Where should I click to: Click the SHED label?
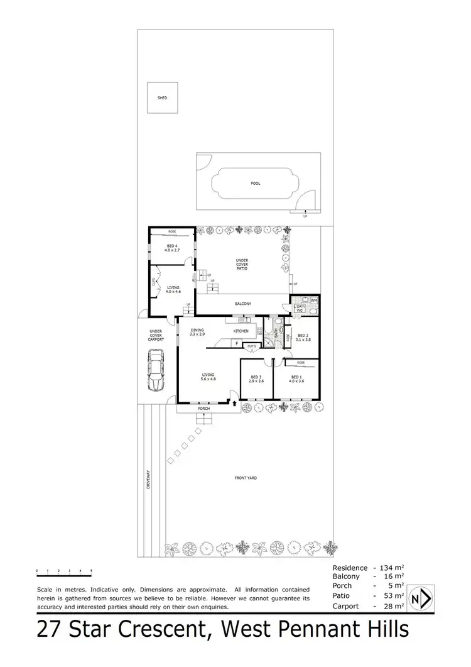(162, 97)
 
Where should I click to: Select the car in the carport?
(155, 370)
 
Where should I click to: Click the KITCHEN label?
(241, 331)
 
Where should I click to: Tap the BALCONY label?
(243, 304)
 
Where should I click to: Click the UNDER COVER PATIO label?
(242, 264)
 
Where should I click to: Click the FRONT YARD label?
(246, 478)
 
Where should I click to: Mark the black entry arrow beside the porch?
(235, 403)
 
